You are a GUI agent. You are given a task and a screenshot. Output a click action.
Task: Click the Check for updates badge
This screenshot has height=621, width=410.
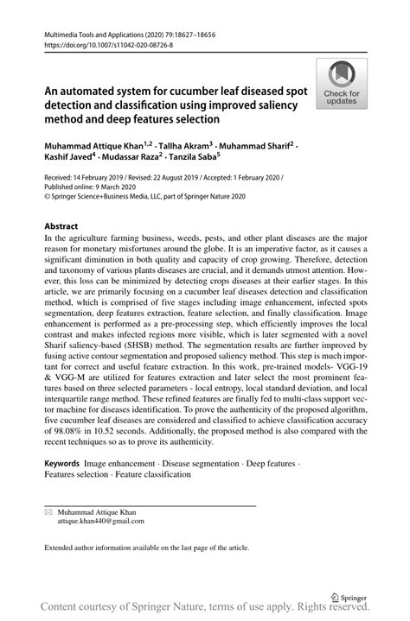pos(342,84)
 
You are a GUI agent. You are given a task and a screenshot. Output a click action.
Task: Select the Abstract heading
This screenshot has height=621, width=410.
pos(67,226)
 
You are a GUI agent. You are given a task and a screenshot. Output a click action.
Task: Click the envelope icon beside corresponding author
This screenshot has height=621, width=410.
pos(48,511)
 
